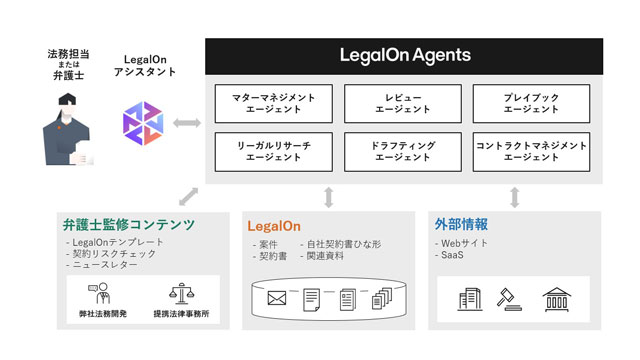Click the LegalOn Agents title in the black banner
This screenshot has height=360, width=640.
pyautogui.click(x=405, y=56)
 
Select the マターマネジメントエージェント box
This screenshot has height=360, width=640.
pyautogui.click(x=273, y=104)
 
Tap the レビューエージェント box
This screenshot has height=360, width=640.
pyautogui.click(x=403, y=104)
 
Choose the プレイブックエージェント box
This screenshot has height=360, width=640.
pyautogui.click(x=531, y=104)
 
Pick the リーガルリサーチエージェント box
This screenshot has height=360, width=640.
pyautogui.click(x=273, y=151)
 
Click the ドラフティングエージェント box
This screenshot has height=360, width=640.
pyautogui.click(x=403, y=151)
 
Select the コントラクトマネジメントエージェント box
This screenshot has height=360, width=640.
pyautogui.click(x=531, y=151)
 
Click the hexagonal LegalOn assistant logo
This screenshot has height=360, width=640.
pyautogui.click(x=143, y=123)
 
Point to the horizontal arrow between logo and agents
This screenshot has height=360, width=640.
pyautogui.click(x=187, y=122)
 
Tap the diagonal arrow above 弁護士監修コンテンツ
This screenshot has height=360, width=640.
pyautogui.click(x=189, y=196)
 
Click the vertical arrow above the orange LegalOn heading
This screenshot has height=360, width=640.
pyautogui.click(x=329, y=198)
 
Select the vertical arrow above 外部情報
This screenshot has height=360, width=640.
pyautogui.click(x=515, y=198)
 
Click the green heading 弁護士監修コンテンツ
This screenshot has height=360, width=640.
pyautogui.click(x=129, y=224)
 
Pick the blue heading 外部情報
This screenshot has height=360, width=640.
pyautogui.click(x=461, y=224)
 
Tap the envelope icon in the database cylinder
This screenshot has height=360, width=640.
pyautogui.click(x=276, y=298)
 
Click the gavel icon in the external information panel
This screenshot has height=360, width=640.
pyautogui.click(x=509, y=300)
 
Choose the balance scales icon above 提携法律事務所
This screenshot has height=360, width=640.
pyautogui.click(x=182, y=294)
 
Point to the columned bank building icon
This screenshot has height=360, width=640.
pyautogui.click(x=557, y=300)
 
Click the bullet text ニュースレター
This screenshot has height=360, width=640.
pyautogui.click(x=105, y=265)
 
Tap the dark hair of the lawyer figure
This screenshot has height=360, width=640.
pyautogui.click(x=67, y=99)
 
